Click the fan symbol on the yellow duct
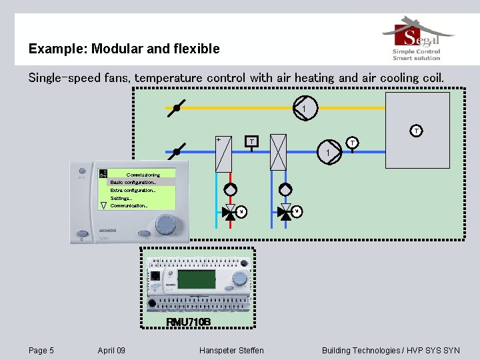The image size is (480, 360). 305,108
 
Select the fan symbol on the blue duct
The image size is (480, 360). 329,153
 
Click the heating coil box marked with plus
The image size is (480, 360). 223,153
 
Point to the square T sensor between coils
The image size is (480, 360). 250,141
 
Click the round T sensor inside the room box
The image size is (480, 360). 415,131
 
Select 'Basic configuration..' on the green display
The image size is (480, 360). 133,182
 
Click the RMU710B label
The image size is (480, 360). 189,322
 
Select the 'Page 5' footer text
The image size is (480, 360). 41,351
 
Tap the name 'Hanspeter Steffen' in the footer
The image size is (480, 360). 231,351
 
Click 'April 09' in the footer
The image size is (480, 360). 111,351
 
